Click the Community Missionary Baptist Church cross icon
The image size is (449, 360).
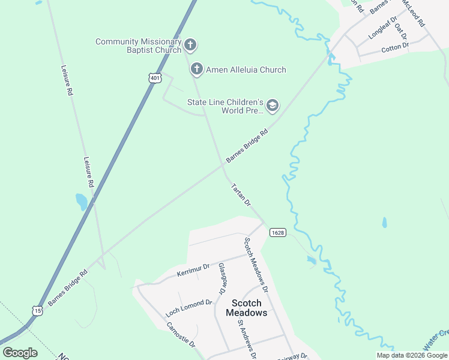190,45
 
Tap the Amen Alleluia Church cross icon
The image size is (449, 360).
196,70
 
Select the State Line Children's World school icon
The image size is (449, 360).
273,106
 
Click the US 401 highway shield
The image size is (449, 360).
155,79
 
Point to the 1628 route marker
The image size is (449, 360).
277,232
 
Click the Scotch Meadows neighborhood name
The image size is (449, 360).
246,308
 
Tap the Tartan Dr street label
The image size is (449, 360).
240,195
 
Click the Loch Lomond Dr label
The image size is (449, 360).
189,307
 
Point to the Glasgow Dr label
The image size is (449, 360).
221,277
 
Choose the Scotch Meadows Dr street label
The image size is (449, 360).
256,263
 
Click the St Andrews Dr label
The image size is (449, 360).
247,338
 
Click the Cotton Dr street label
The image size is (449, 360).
394,46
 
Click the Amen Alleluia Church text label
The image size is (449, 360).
246,70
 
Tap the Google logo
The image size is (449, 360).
20,353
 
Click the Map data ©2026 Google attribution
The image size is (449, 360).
412,355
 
